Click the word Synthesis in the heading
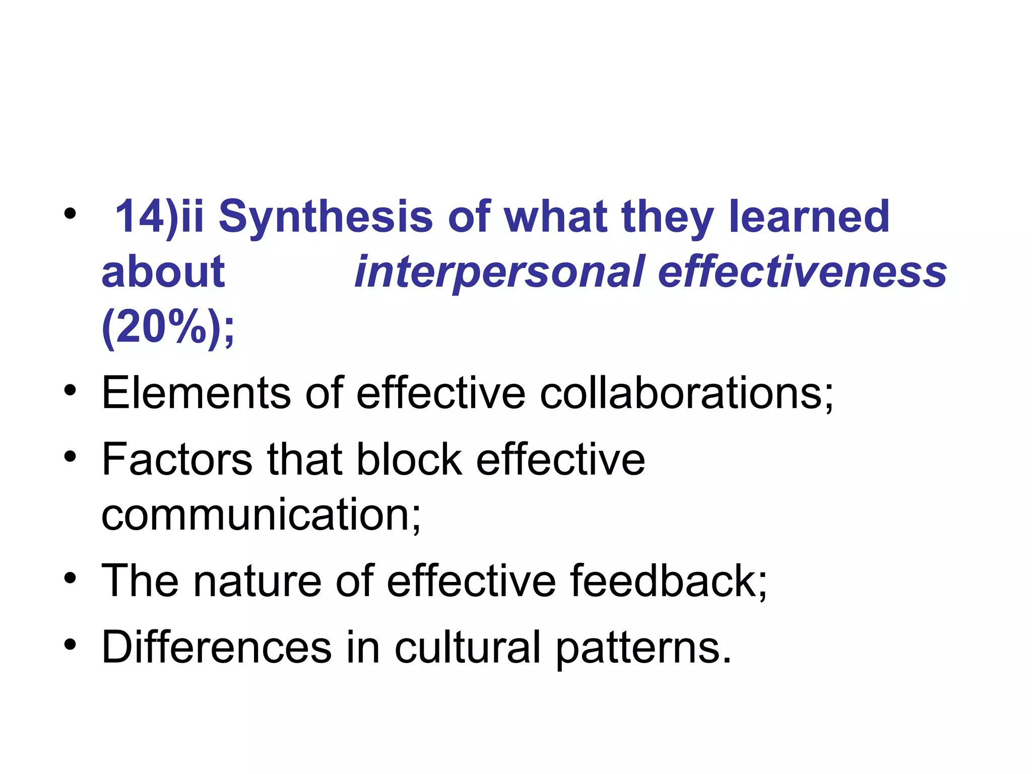point(325,217)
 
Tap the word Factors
point(176,459)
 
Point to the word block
point(409,459)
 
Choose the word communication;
point(261,514)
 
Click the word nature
point(257,581)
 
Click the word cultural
point(467,648)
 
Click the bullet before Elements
point(70,391)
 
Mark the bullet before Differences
point(70,644)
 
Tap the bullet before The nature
point(70,578)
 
